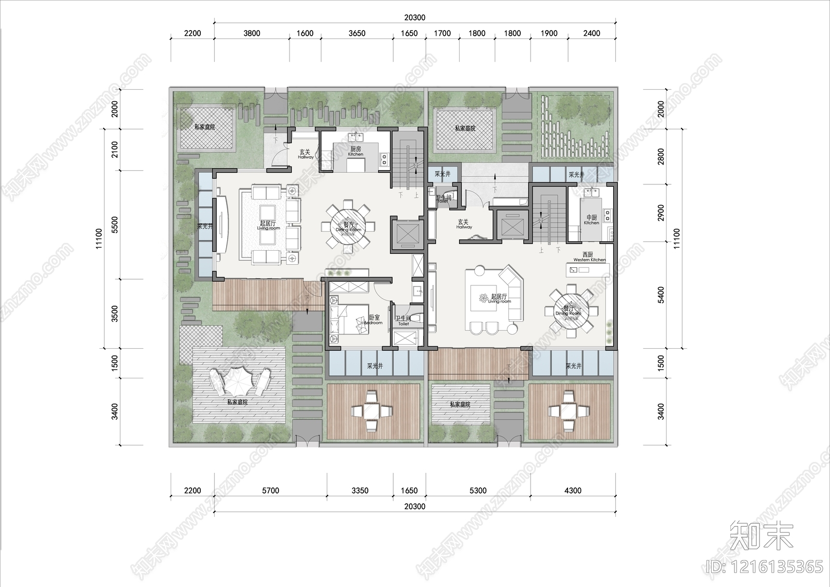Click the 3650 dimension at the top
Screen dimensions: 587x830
click(357, 33)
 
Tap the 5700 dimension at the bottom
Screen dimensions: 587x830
click(270, 490)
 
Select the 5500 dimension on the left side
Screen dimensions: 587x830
click(115, 224)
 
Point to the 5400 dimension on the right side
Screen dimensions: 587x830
click(661, 295)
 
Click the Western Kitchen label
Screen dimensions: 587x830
click(589, 257)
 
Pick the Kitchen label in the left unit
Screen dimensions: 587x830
click(355, 151)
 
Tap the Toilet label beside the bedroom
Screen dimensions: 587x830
click(403, 321)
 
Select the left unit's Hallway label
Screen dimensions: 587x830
click(305, 155)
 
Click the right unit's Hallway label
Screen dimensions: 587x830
click(464, 224)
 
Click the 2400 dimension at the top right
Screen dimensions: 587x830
click(591, 33)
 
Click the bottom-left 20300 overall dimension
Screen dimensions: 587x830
click(414, 507)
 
